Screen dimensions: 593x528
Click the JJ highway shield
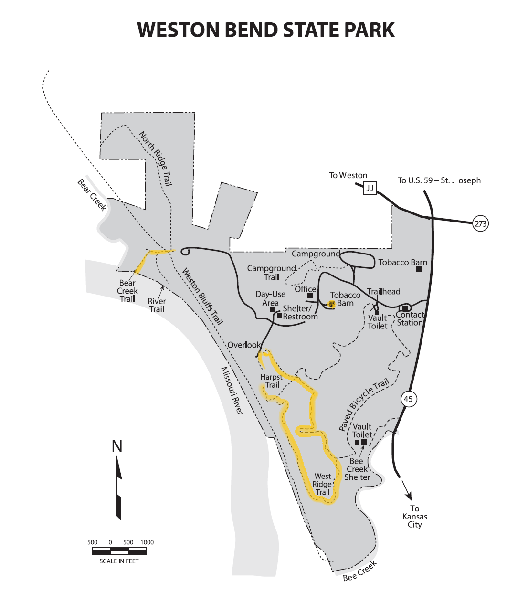(370, 188)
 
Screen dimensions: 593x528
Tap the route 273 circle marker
(480, 223)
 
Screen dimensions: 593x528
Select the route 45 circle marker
(408, 399)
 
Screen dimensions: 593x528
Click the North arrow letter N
(117, 446)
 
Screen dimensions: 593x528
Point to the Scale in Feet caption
(119, 561)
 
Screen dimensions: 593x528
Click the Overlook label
(244, 345)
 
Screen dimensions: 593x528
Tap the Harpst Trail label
(271, 381)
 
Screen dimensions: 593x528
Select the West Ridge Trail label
(323, 484)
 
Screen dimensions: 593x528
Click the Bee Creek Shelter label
(357, 469)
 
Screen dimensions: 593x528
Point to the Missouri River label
(232, 391)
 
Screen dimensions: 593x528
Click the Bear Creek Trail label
(127, 291)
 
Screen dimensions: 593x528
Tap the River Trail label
(157, 305)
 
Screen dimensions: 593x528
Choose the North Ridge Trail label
(155, 159)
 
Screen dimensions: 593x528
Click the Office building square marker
(310, 296)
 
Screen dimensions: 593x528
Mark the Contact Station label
(410, 318)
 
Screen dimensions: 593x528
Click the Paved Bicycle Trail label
(364, 405)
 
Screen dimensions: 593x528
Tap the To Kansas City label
(414, 517)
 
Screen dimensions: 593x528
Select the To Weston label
(348, 175)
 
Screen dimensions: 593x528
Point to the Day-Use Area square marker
(272, 309)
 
